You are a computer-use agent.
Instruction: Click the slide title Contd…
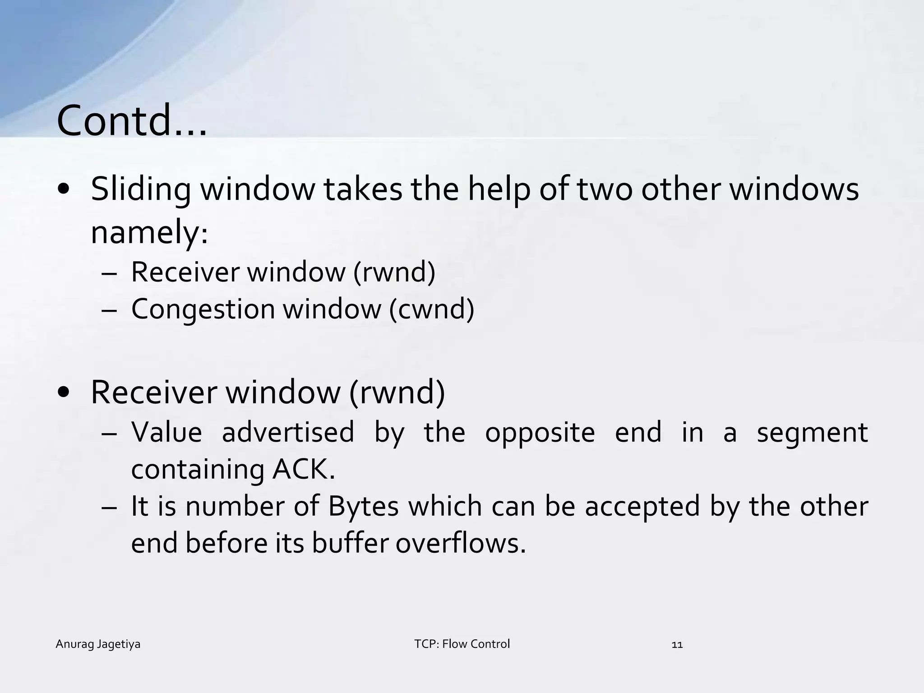pos(132,120)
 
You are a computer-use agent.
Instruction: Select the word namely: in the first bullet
pos(149,232)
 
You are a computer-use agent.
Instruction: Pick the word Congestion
pos(203,310)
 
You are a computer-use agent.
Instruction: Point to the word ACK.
pos(304,469)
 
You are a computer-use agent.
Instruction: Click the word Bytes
pos(363,506)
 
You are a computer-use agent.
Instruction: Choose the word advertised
pos(288,432)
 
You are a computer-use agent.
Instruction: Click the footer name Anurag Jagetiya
pos(98,644)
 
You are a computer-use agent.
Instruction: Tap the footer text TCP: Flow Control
pos(462,644)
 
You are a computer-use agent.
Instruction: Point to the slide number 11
pos(677,645)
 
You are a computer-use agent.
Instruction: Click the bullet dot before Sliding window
pos(64,189)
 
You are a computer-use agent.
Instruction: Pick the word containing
pos(198,470)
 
